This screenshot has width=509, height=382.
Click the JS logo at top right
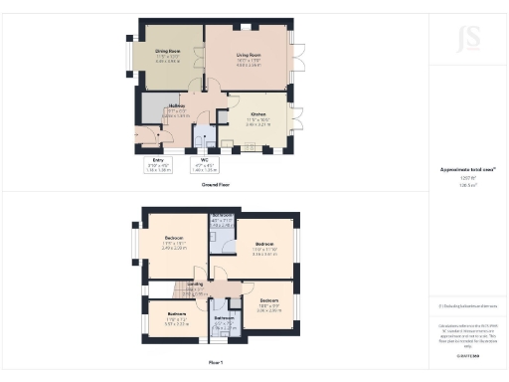click(x=467, y=39)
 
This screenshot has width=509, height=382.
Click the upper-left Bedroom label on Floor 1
click(x=174, y=241)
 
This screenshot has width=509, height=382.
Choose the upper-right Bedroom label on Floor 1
click(x=263, y=247)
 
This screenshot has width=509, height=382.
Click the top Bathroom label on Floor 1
click(x=222, y=218)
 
